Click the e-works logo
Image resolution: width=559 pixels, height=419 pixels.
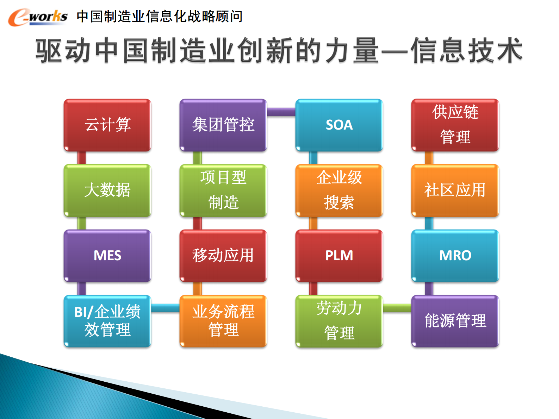click(38, 17)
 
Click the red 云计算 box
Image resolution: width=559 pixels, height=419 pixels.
click(107, 125)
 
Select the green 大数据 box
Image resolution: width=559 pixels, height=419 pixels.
click(107, 190)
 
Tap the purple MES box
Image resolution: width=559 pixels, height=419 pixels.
click(107, 256)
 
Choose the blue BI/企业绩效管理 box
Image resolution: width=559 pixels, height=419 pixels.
click(107, 321)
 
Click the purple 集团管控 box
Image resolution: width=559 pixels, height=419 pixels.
click(223, 125)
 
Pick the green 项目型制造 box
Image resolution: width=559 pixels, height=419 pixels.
click(223, 190)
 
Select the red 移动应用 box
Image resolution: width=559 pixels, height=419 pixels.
click(223, 256)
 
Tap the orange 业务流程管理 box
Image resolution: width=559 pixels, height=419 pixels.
click(223, 321)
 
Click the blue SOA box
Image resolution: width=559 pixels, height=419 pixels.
click(339, 125)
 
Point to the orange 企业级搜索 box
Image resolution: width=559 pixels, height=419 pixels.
click(339, 190)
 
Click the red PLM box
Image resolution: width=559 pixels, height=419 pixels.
click(339, 256)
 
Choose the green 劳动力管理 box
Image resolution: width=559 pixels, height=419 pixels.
click(339, 321)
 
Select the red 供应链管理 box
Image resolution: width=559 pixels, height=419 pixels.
click(455, 125)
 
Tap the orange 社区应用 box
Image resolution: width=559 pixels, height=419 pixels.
click(455, 190)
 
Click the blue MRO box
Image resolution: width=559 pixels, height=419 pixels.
click(455, 256)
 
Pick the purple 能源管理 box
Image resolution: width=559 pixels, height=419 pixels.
click(455, 321)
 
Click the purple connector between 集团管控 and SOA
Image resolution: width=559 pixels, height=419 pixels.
click(281, 112)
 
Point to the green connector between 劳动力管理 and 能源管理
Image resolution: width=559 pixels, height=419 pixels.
click(397, 308)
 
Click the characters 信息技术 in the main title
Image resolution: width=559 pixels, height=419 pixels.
click(467, 50)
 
